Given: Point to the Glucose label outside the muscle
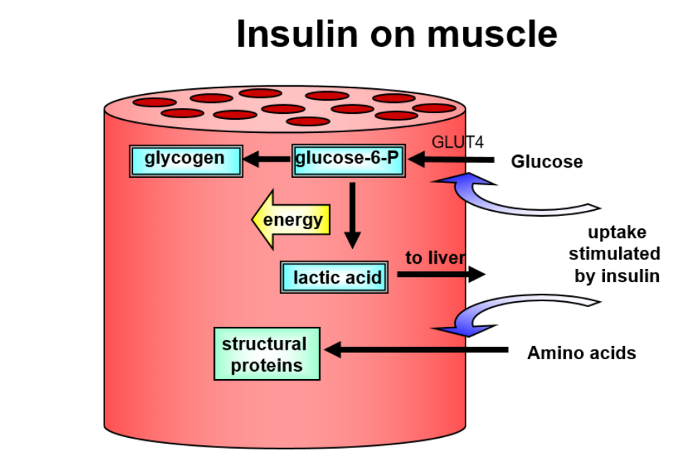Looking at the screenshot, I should pyautogui.click(x=546, y=162).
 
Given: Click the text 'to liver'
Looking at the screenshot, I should pyautogui.click(x=435, y=257).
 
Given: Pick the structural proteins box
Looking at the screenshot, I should pyautogui.click(x=266, y=354).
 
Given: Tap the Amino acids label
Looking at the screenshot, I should pyautogui.click(x=581, y=353).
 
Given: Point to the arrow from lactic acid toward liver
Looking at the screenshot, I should pyautogui.click(x=441, y=274).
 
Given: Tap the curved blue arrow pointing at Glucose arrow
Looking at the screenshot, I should pyautogui.click(x=507, y=195).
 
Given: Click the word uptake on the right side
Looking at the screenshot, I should pyautogui.click(x=618, y=232).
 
